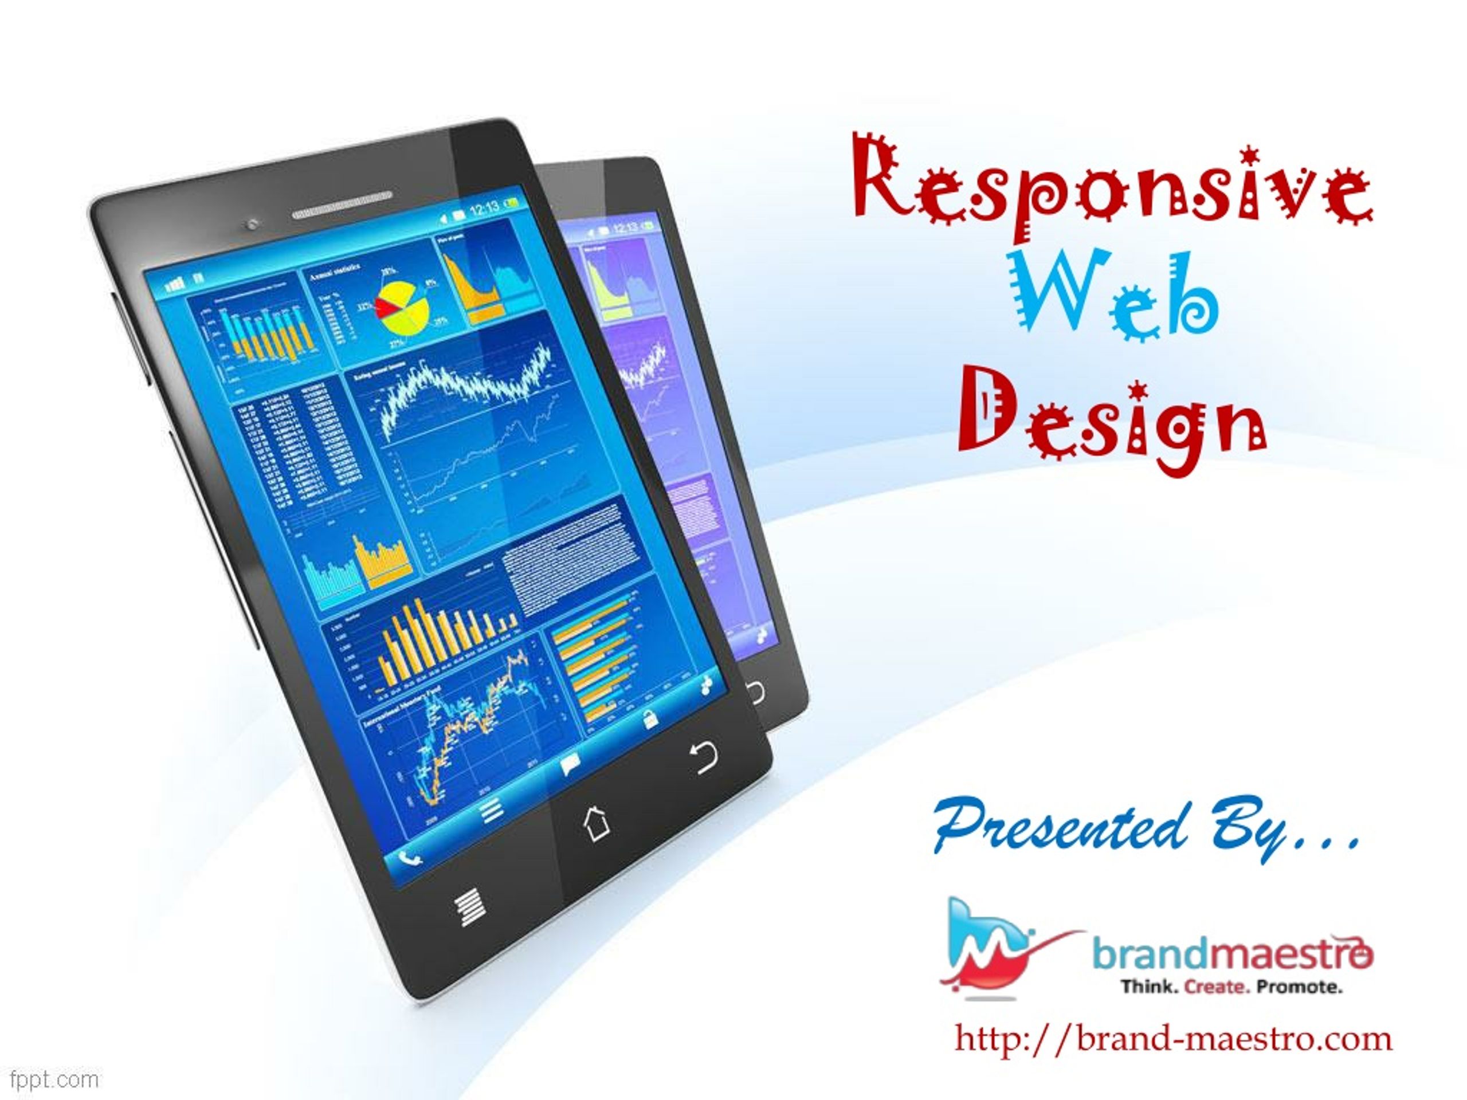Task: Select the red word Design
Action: pyautogui.click(x=1112, y=425)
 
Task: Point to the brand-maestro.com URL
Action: pyautogui.click(x=1173, y=1038)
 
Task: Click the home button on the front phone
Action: pyautogui.click(x=595, y=823)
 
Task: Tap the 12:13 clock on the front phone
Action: pyautogui.click(x=484, y=209)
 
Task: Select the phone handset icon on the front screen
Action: pyautogui.click(x=410, y=859)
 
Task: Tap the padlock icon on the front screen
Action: pyautogui.click(x=650, y=717)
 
